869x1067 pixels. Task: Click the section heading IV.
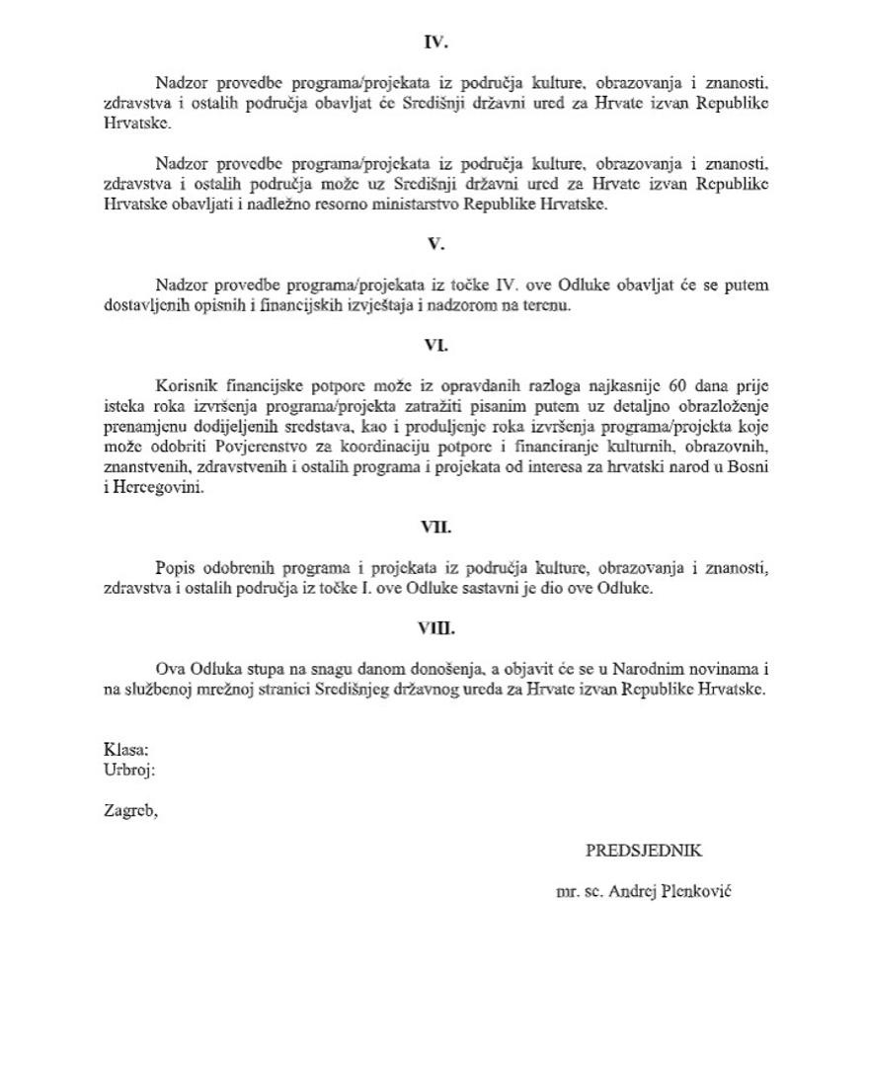pyautogui.click(x=435, y=42)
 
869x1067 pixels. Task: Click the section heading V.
pyautogui.click(x=435, y=244)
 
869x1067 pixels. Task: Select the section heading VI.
pyautogui.click(x=435, y=346)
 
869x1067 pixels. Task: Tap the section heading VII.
pyautogui.click(x=435, y=528)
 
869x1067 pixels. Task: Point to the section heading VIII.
pyautogui.click(x=435, y=628)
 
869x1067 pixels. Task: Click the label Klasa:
pyautogui.click(x=126, y=750)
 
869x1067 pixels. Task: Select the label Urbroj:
pyautogui.click(x=129, y=770)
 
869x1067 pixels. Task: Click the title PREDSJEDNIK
pyautogui.click(x=644, y=851)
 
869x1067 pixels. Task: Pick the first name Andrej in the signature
pyautogui.click(x=633, y=891)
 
